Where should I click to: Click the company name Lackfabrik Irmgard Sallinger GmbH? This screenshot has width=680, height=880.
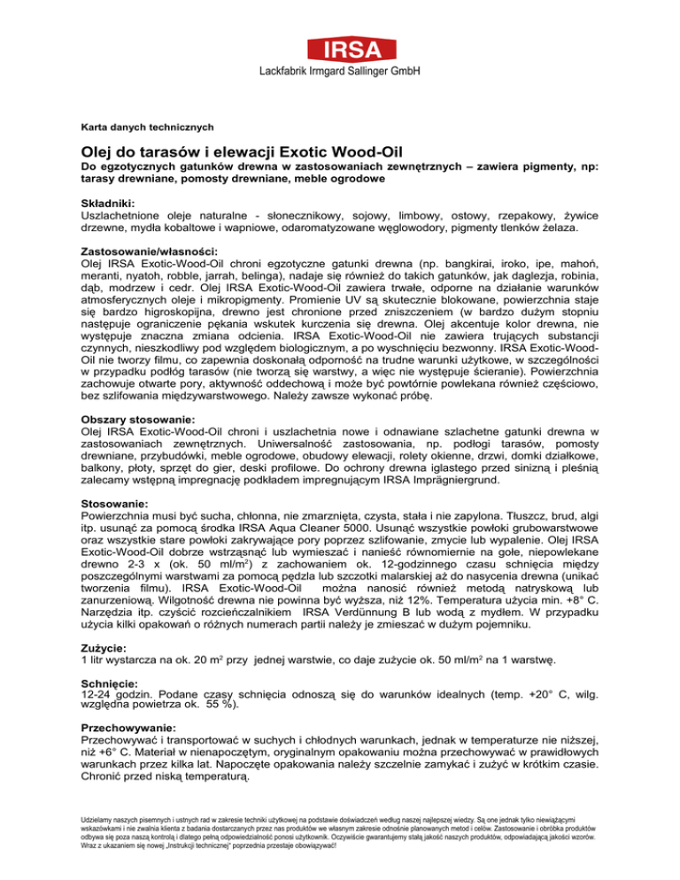coord(339,70)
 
